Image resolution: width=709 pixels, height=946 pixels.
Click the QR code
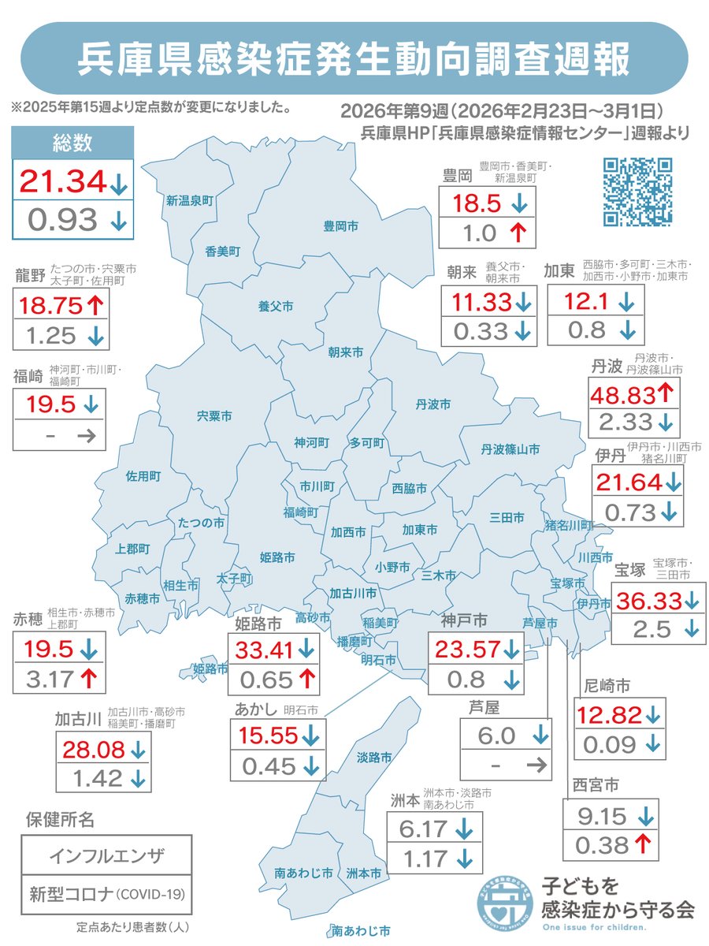pyautogui.click(x=637, y=192)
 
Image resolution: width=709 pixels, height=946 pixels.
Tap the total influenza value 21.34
pyautogui.click(x=62, y=182)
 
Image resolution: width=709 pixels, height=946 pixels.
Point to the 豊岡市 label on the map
pyautogui.click(x=340, y=226)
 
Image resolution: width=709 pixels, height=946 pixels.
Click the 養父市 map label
pyautogui.click(x=276, y=305)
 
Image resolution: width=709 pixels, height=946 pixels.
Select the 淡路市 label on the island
pyautogui.click(x=373, y=758)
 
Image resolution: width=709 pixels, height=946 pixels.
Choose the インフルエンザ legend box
pyautogui.click(x=106, y=855)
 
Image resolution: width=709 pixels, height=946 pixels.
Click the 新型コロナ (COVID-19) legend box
pyautogui.click(x=106, y=895)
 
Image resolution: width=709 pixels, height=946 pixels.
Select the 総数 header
pyautogui.click(x=72, y=143)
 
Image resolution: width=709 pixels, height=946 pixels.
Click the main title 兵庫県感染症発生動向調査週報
pyautogui.click(x=354, y=59)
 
